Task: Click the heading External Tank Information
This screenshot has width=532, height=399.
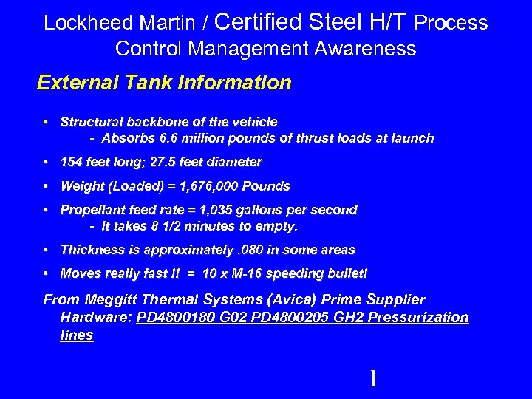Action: [164, 82]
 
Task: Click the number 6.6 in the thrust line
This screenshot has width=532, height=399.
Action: [169, 138]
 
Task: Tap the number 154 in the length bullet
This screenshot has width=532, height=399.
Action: [72, 162]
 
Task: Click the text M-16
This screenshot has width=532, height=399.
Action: [241, 274]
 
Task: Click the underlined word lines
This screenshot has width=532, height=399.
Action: [77, 335]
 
